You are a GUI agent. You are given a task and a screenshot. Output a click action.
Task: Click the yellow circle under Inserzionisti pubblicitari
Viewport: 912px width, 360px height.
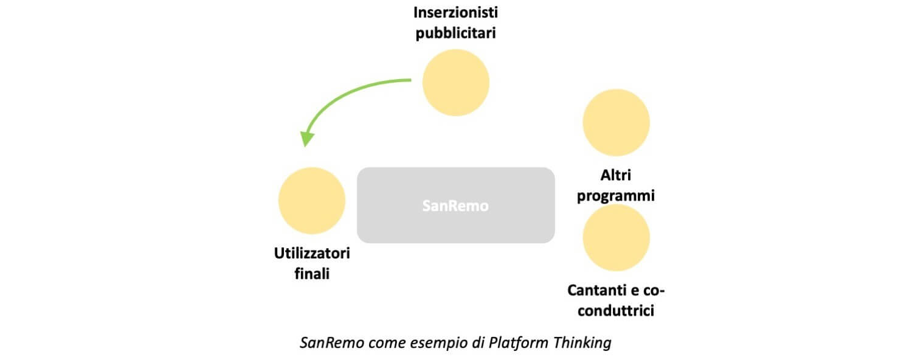click(455, 83)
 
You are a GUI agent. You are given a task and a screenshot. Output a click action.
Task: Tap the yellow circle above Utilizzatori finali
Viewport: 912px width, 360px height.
click(311, 201)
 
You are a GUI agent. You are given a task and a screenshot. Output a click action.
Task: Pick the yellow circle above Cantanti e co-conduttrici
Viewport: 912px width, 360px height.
click(616, 237)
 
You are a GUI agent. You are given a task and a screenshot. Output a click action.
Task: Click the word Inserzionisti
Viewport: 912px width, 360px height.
click(455, 12)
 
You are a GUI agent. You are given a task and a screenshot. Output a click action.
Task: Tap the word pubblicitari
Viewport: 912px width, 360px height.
click(455, 33)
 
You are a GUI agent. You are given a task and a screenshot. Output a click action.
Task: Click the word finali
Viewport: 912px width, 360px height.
click(311, 274)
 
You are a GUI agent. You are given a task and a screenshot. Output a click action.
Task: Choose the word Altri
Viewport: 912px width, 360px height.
click(615, 176)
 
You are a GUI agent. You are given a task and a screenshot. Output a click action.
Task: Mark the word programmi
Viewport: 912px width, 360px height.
click(615, 196)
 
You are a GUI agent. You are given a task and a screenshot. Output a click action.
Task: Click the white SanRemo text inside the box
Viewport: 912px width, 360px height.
click(455, 206)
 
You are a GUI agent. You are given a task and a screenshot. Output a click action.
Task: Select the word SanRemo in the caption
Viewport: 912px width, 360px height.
click(332, 343)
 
